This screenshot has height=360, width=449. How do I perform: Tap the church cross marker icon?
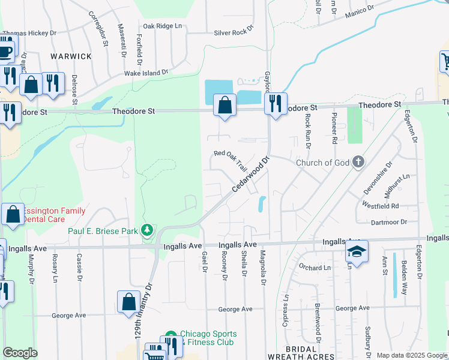(358, 161)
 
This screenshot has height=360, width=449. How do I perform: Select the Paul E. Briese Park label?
(103, 230)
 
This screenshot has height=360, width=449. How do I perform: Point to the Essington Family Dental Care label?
(54, 215)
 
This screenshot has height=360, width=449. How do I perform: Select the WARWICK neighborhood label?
(71, 56)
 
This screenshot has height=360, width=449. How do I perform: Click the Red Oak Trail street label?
(231, 160)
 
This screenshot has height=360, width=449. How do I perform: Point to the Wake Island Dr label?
(146, 73)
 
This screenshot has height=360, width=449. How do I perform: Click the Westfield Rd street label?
(381, 206)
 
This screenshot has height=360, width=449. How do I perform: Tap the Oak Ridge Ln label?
(161, 26)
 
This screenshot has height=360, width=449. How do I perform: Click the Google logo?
(20, 353)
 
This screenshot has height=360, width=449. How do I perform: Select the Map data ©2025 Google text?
(411, 355)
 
